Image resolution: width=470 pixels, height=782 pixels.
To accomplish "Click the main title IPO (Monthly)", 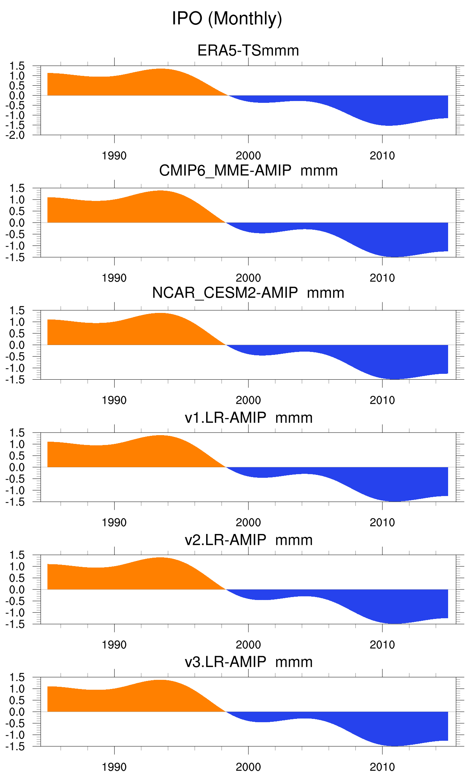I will coord(227,19).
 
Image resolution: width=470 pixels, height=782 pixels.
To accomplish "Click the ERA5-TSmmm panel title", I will coord(248,51).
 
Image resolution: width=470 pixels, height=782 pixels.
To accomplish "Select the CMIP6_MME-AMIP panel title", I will coord(248,171).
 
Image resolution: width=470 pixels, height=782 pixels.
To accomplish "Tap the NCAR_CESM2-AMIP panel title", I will coord(248,293).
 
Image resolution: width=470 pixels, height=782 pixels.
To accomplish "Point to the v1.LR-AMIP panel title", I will coord(249,418).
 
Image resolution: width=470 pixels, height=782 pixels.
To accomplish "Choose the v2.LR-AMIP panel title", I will coord(249,540).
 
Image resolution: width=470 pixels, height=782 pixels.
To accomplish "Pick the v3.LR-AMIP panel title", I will coord(249,662).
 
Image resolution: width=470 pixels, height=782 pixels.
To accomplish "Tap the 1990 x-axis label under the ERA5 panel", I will coord(114,156).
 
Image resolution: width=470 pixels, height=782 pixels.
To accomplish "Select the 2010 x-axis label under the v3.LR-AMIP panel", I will coord(382,767).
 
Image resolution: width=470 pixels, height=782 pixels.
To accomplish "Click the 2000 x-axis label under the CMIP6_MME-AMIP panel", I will coord(248,278).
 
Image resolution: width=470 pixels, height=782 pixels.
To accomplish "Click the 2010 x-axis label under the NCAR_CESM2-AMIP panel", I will coord(382,400).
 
